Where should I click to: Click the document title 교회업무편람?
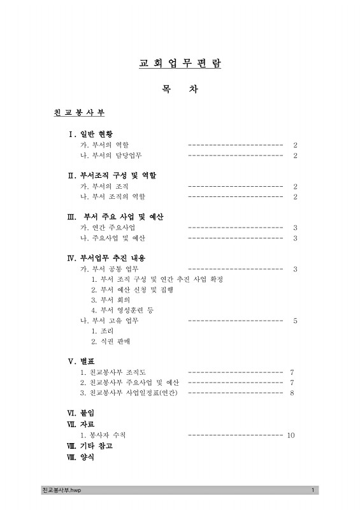(x=180, y=64)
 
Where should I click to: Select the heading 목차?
(x=180, y=89)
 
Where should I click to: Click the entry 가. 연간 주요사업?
(x=107, y=228)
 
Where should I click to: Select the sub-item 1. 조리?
(x=102, y=331)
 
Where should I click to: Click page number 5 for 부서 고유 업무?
(x=295, y=321)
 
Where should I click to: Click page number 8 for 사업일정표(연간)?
(x=291, y=393)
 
